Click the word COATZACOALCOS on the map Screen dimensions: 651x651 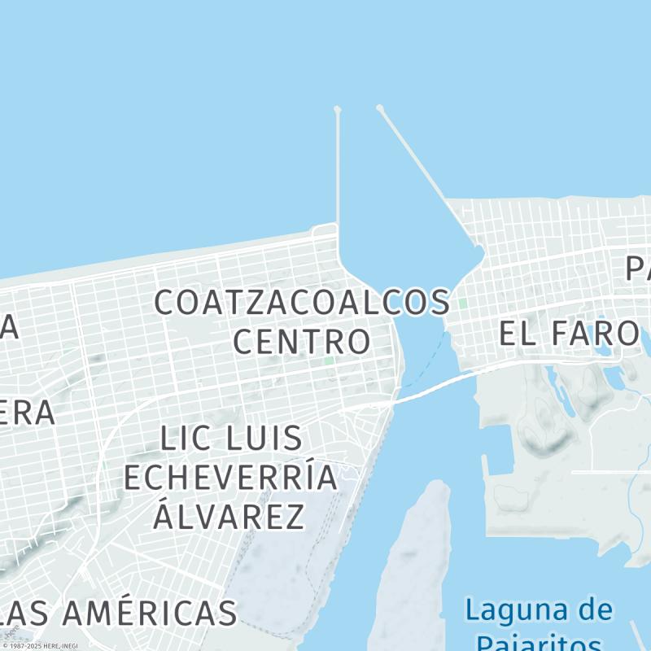click(302, 303)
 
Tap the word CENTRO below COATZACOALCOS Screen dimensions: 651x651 click(302, 341)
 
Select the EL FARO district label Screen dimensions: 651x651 click(568, 333)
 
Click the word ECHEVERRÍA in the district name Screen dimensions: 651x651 click(230, 478)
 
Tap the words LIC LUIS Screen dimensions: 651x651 click(231, 439)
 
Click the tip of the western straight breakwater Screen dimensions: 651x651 click(338, 109)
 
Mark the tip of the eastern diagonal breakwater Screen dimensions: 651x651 click(379, 107)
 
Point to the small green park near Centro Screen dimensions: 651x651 click(329, 360)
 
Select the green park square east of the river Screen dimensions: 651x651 click(462, 304)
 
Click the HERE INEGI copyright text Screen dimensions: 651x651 click(41, 646)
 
